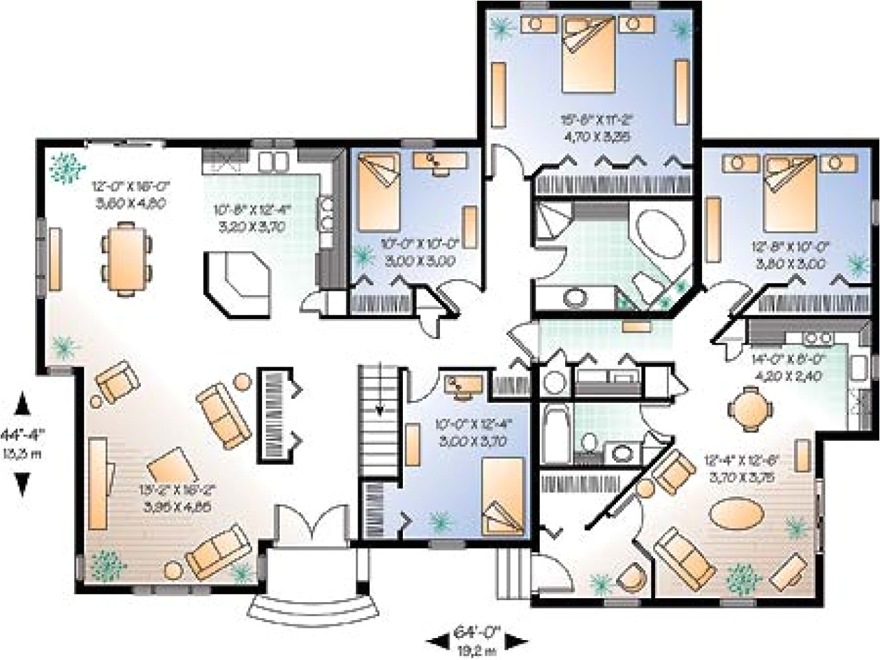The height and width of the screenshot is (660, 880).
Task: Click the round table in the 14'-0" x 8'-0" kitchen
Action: (747, 406)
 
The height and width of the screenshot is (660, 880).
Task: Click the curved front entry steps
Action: (313, 606)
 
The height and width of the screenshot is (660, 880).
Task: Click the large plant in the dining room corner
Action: (67, 166)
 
